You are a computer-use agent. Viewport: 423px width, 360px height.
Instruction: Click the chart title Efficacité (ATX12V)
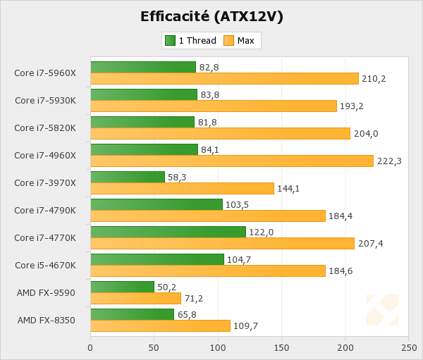[x=211, y=16]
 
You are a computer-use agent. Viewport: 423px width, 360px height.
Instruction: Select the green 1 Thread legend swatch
[x=170, y=41]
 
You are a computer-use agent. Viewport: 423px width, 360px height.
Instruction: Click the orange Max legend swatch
[x=228, y=41]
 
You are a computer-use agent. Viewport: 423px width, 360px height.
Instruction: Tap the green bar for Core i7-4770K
[x=168, y=232]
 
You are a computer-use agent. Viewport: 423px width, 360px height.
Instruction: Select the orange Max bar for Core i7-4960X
[x=232, y=161]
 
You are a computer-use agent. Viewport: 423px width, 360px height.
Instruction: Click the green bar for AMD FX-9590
[x=122, y=287]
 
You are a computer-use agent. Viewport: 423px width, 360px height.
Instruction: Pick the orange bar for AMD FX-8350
[x=160, y=325]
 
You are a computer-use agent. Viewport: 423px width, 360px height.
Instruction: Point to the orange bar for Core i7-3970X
[x=182, y=188]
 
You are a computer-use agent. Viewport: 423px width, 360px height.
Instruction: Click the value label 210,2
[x=374, y=78]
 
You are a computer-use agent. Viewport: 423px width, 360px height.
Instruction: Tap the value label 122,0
[x=260, y=232]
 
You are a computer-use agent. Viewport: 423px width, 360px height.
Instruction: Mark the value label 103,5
[x=238, y=205]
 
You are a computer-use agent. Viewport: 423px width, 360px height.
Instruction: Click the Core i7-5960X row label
[x=45, y=73]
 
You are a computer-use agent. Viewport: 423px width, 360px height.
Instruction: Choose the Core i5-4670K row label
[x=45, y=265]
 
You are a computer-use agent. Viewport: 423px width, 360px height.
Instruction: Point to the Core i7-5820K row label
[x=45, y=128]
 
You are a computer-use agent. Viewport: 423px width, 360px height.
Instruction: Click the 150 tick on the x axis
[x=281, y=347]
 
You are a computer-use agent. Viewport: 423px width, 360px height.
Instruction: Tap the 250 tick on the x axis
[x=408, y=347]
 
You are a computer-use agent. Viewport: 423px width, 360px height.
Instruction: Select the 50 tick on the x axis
[x=154, y=347]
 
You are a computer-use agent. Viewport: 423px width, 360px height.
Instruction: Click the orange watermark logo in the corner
[x=382, y=311]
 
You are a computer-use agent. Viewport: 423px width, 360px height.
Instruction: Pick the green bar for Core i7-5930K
[x=144, y=94]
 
